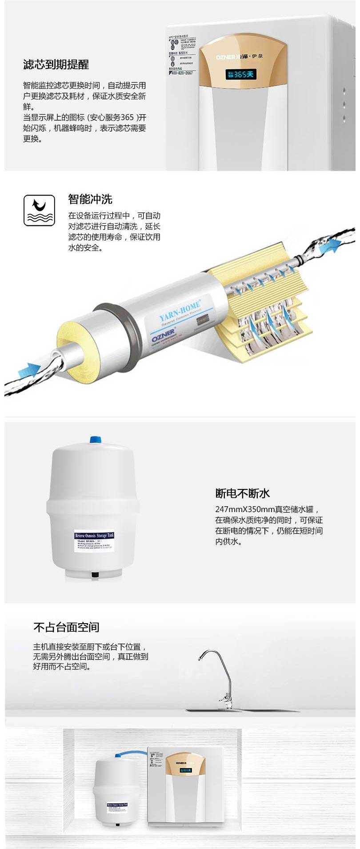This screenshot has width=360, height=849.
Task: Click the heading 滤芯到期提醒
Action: pos(56,64)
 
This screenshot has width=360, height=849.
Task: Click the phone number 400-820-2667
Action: pos(181,73)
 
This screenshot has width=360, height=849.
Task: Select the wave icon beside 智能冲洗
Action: pos(39,210)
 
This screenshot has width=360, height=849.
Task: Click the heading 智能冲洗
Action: pos(90,199)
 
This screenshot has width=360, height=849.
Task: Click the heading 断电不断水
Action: pos(243,493)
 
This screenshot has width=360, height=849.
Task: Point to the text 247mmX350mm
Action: pos(244,509)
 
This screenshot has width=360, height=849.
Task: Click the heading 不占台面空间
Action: pos(66,627)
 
